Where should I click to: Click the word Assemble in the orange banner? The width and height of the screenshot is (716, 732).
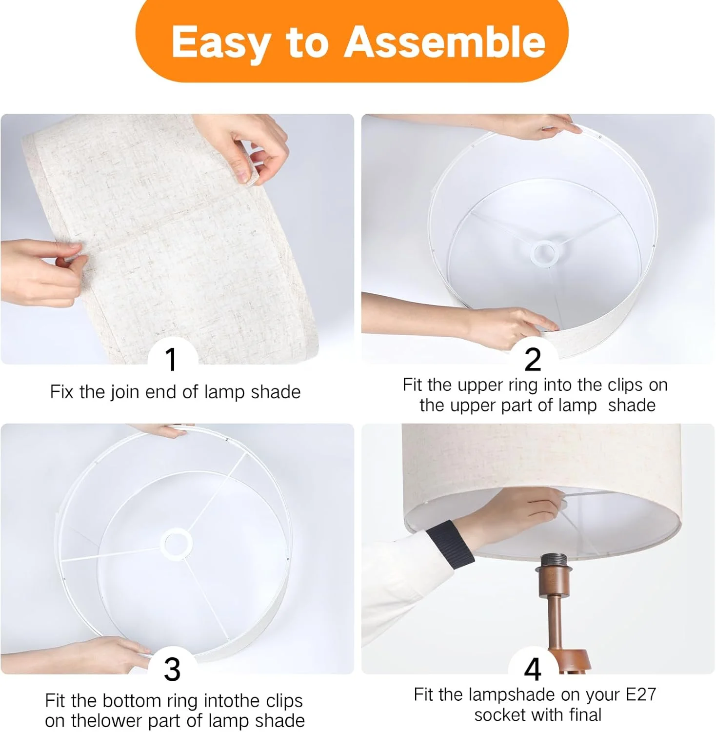(x=445, y=41)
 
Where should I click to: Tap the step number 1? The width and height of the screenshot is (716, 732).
(x=171, y=360)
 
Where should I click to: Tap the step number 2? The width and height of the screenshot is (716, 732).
(x=533, y=360)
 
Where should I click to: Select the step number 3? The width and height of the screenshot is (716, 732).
(x=172, y=669)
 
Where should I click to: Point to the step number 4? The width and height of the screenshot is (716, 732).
(x=533, y=669)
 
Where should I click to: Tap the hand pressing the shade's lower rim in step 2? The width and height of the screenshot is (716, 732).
(x=507, y=325)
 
